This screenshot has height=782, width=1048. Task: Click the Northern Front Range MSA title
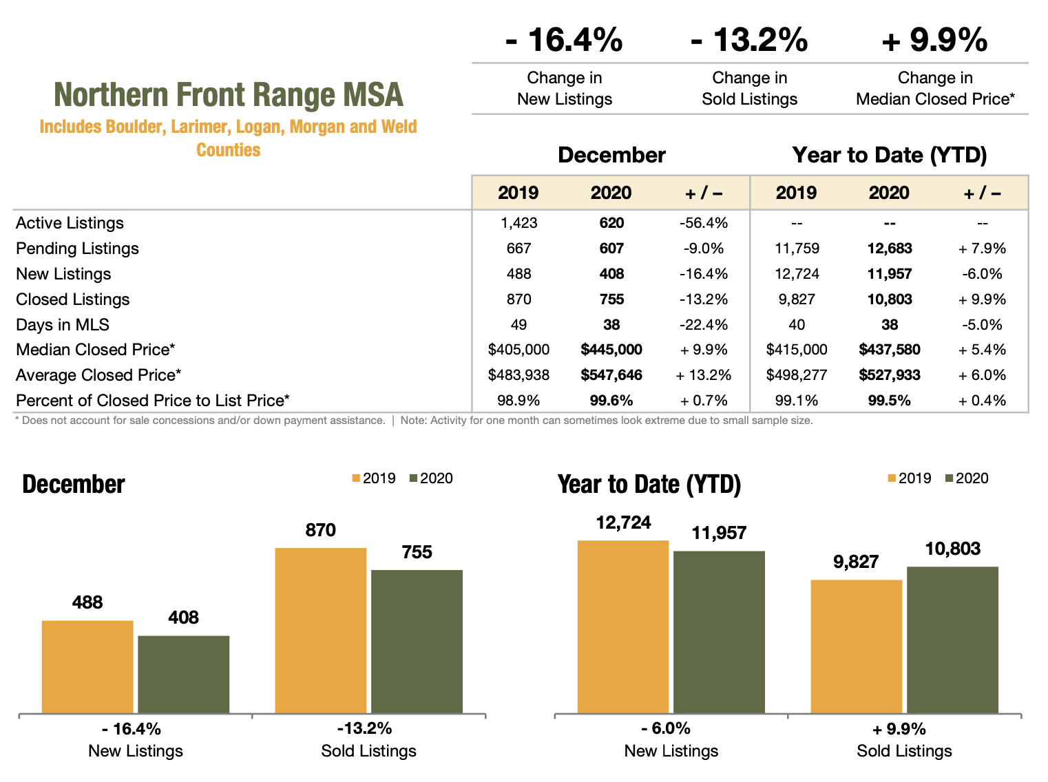point(228,95)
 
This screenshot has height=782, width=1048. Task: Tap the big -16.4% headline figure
point(564,40)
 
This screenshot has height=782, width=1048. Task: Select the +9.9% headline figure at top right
point(934,40)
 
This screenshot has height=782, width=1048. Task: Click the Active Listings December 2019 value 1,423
point(518,223)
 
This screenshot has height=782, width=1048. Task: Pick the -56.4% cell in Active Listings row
point(703,223)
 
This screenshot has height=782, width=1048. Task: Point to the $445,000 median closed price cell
point(611,350)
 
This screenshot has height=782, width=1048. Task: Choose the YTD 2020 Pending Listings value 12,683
point(889,249)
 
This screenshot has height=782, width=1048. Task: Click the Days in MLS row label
point(63,325)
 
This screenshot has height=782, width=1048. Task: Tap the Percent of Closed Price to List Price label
point(152,401)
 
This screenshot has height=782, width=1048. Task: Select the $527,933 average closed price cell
point(889,375)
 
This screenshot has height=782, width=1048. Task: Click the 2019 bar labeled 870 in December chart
point(320,630)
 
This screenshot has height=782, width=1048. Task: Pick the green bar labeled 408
point(183,674)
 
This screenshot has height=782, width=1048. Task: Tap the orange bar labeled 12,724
point(622,626)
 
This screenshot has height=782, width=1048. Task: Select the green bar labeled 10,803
point(952,640)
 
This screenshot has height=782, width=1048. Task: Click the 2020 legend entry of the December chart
point(432,478)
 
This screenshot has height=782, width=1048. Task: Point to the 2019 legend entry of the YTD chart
point(910,478)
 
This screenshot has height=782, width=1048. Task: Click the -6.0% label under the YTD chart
point(665,728)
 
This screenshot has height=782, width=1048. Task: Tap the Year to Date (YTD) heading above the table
point(889,155)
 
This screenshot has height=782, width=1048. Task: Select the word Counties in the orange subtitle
point(228,150)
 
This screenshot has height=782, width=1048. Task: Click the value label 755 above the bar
point(417,552)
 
